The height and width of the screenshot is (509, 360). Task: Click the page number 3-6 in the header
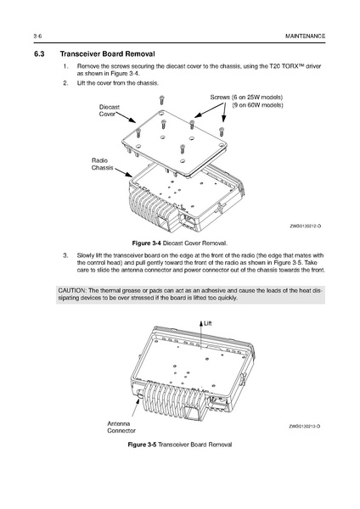pyautogui.click(x=37, y=36)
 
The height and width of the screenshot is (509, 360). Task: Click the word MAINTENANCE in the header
pyautogui.click(x=305, y=36)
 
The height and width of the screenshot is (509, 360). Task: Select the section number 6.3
pyautogui.click(x=39, y=54)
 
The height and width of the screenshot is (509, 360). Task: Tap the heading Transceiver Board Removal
pyautogui.click(x=107, y=54)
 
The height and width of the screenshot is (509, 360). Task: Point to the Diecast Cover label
pyautogui.click(x=110, y=110)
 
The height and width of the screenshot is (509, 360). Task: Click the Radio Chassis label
pyautogui.click(x=103, y=164)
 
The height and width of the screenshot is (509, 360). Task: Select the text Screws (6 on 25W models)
pyautogui.click(x=246, y=97)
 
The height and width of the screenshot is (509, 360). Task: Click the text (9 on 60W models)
pyautogui.click(x=257, y=105)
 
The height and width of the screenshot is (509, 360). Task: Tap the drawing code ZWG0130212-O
pyautogui.click(x=306, y=226)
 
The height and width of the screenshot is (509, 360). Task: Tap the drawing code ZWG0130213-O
pyautogui.click(x=305, y=426)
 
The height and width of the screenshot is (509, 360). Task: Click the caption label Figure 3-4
pyautogui.click(x=147, y=243)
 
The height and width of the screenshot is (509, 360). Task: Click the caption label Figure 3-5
pyautogui.click(x=143, y=445)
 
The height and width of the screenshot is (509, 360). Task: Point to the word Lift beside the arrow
pyautogui.click(x=208, y=323)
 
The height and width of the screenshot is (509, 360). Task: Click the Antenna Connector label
pyautogui.click(x=121, y=428)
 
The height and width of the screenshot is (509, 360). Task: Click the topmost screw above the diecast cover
pyautogui.click(x=161, y=100)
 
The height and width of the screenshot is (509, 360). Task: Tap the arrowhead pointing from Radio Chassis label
pyautogui.click(x=129, y=175)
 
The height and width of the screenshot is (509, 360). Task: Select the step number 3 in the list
pyautogui.click(x=65, y=255)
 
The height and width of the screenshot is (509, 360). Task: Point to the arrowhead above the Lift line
pyautogui.click(x=201, y=323)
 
